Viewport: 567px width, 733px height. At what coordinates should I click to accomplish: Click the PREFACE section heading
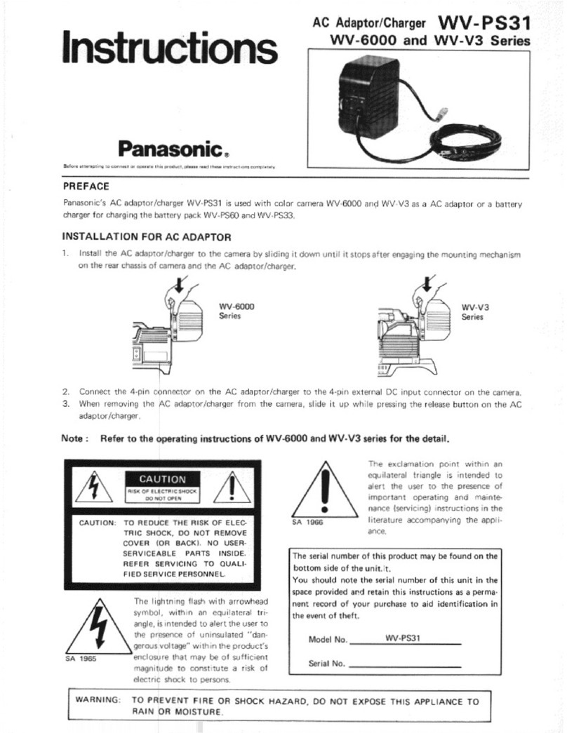[86, 186]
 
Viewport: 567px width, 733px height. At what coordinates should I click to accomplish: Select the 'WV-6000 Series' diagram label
[236, 311]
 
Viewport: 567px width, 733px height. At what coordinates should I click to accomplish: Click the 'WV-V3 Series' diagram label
[475, 311]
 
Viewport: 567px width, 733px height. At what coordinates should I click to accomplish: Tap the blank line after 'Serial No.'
[404, 664]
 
